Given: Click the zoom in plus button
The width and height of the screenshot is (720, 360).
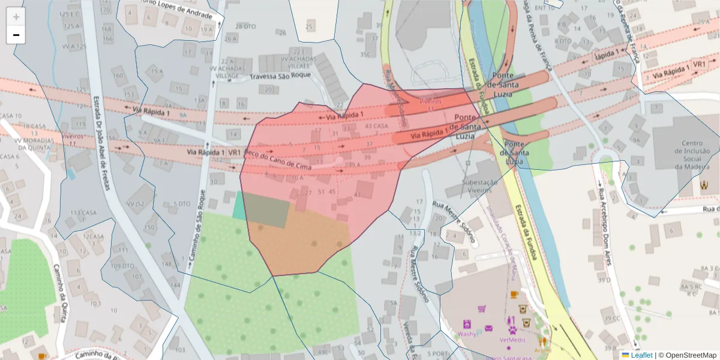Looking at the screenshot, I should tap(16, 17).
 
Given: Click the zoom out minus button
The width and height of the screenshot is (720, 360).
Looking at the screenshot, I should tap(16, 35).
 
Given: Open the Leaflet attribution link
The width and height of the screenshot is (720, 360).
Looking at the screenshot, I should tap(641, 355).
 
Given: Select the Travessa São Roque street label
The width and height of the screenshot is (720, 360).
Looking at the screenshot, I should tap(280, 76).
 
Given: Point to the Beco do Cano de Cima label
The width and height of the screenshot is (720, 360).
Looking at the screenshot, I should tap(277, 160).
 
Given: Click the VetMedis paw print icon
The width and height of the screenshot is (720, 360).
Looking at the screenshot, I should tap(512, 329).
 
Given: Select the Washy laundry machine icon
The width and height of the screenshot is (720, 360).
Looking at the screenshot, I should tap(467, 323).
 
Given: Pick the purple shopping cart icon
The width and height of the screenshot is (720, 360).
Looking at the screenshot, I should tap(481, 309).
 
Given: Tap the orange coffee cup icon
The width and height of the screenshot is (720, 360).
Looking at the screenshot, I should tap(514, 294).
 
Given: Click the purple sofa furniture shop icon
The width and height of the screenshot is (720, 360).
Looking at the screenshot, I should tap(488, 328).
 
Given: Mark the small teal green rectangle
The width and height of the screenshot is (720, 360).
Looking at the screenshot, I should tap(238, 205).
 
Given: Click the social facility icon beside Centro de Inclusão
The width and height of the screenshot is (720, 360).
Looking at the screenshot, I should tap(704, 186).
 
